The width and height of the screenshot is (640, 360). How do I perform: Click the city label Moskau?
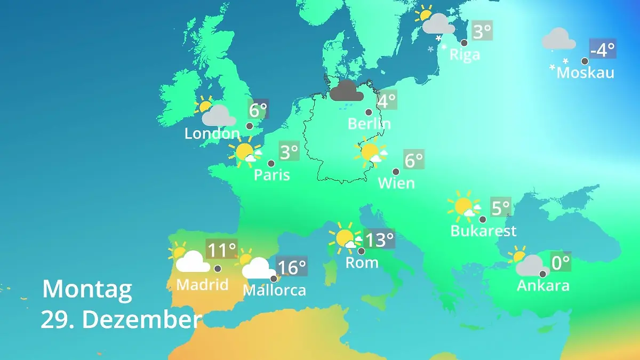coord(585,72)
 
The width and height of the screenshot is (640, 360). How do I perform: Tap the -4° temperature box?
coord(603,50)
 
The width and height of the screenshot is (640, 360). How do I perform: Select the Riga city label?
coord(465,54)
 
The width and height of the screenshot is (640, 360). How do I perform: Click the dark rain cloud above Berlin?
coord(347,91)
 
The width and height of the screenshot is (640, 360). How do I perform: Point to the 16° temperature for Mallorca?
coord(292,266)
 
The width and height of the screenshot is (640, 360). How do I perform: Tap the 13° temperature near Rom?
coord(379,239)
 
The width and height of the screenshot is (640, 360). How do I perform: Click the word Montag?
coord(87,289)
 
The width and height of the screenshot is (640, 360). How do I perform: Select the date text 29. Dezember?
coord(121,319)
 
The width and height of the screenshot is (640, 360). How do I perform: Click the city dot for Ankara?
coord(542,274)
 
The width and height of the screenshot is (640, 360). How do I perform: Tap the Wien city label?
coord(396,183)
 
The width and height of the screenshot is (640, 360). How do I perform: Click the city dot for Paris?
coord(271,163)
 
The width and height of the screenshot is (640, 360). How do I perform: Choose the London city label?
coord(212,133)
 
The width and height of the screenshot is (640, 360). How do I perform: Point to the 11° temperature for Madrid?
coord(221,250)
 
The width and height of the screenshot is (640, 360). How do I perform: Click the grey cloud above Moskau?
coord(558,39)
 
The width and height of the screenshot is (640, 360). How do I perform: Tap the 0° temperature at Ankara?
coord(561,262)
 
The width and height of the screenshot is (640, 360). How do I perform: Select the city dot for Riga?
coord(464,43)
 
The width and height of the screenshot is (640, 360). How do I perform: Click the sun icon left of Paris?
coord(245,152)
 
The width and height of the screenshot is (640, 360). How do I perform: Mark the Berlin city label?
coord(369,124)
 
